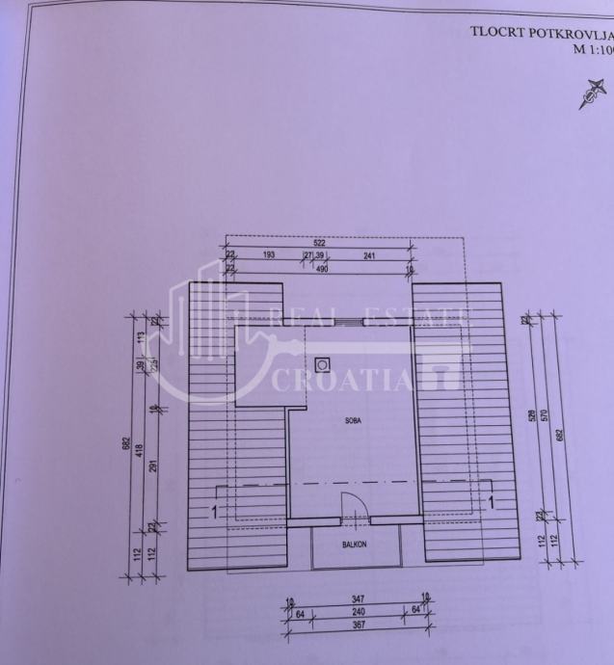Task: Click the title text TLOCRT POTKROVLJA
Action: coord(541,31)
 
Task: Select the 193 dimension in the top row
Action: coord(269,256)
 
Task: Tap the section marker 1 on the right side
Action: coord(492,501)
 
